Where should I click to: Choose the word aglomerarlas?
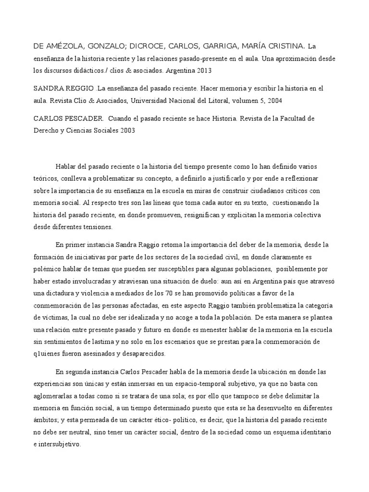pos(54,384)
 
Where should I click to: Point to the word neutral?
pos(81,432)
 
